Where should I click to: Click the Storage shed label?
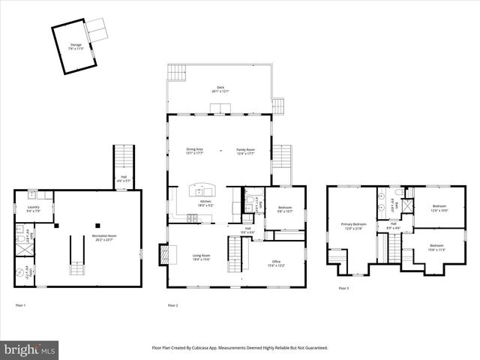click(76, 46)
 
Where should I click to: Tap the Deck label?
click(220, 89)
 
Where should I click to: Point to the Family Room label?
click(246, 151)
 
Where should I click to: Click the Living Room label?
click(200, 257)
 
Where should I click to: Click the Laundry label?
click(33, 208)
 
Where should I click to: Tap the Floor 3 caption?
click(343, 288)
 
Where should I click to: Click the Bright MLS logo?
click(30, 349)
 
